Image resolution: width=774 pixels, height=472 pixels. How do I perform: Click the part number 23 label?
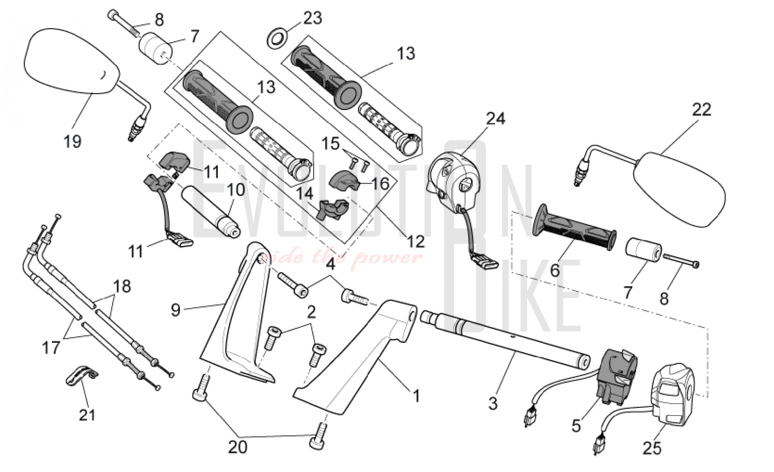tap(312, 18)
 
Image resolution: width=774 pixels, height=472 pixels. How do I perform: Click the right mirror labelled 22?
tap(679, 190)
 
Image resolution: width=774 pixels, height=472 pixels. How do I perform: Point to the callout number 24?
tap(495, 118)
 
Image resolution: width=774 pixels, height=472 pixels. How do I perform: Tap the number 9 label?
tap(176, 310)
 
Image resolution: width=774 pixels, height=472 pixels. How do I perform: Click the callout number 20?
tap(237, 447)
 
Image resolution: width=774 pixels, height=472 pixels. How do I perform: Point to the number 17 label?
tap(51, 347)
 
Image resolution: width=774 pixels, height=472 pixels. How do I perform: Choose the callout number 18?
tap(122, 287)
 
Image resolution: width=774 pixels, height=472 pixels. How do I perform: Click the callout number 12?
tap(416, 241)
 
